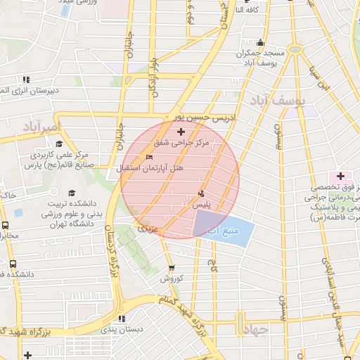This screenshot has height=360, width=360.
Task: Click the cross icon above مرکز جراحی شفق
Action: [x=181, y=131]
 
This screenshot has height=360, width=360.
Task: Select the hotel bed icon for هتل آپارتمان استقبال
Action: [x=148, y=157]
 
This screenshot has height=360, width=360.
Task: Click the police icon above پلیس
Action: [x=202, y=193]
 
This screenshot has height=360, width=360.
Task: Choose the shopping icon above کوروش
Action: [x=172, y=268]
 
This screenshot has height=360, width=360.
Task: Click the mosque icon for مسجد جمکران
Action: [x=261, y=42]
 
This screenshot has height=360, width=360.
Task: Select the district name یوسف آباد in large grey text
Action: [x=279, y=102]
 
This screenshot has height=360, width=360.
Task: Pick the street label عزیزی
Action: [x=149, y=229]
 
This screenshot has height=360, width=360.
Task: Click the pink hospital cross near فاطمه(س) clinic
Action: [x=340, y=175]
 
